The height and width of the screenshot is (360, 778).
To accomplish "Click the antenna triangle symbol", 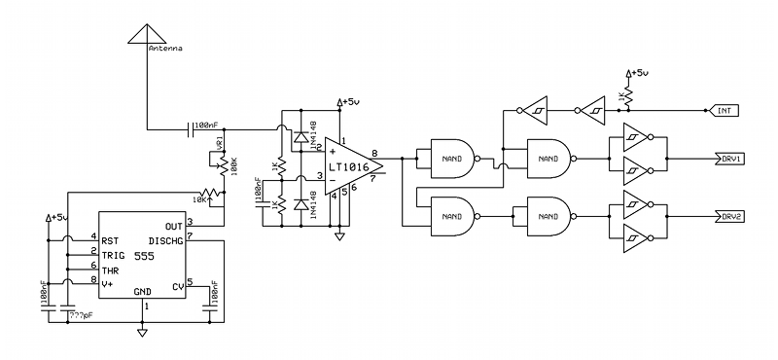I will click(x=145, y=32).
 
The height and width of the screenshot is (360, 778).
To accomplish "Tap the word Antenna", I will click(x=164, y=48).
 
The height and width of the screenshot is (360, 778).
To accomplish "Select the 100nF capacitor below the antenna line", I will click(x=190, y=126).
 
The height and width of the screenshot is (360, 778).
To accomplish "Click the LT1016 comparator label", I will click(x=347, y=166).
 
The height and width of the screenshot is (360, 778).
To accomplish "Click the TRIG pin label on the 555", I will click(x=113, y=252).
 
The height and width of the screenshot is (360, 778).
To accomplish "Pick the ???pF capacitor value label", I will click(x=80, y=315).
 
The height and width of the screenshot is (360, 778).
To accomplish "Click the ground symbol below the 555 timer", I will click(x=143, y=333).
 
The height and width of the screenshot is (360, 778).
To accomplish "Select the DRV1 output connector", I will click(x=730, y=158).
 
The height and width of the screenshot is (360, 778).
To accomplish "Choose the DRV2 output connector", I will click(x=730, y=216).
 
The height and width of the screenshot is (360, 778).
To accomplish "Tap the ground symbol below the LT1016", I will click(x=339, y=235).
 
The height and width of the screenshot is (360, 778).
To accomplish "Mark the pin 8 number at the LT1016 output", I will click(x=374, y=154).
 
